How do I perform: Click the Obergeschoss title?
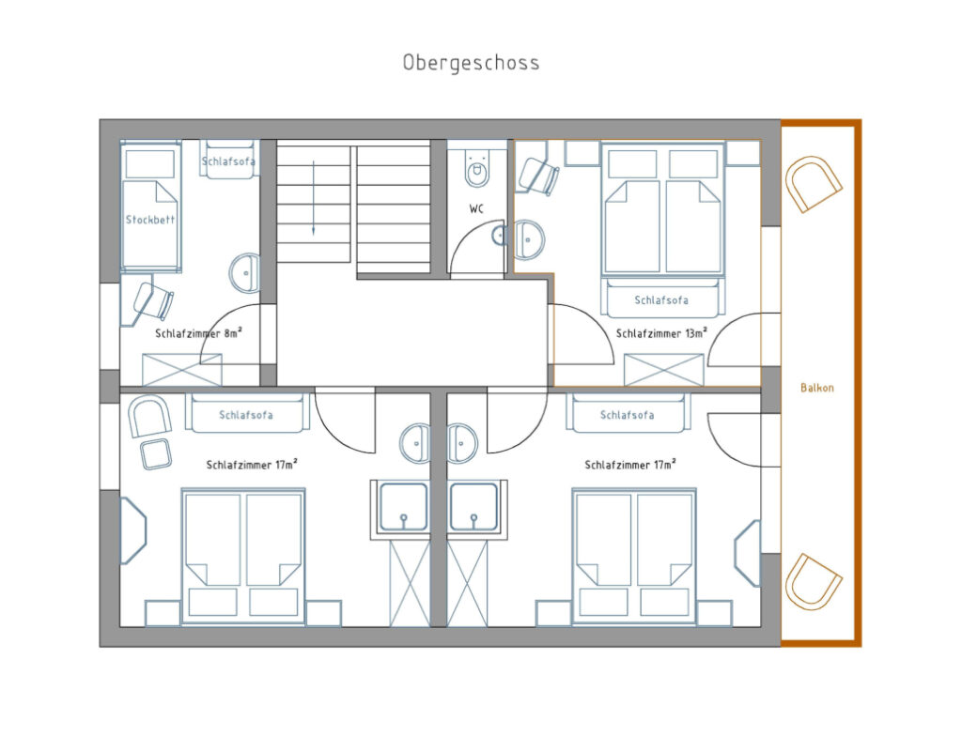tap(471, 63)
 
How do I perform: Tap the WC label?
tap(477, 208)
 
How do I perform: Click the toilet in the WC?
tap(477, 168)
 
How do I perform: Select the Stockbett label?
tap(150, 220)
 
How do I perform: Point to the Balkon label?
tap(817, 387)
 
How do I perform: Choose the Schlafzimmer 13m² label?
tap(661, 332)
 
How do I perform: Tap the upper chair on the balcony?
tap(813, 184)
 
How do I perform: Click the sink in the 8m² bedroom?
tap(245, 273)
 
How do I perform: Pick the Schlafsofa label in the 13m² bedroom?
tap(660, 300)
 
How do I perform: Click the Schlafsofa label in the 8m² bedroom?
tap(228, 161)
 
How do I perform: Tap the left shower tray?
tap(403, 507)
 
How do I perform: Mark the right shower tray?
tap(474, 507)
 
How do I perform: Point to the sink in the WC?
tap(528, 239)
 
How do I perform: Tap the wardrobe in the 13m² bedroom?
tap(664, 369)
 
